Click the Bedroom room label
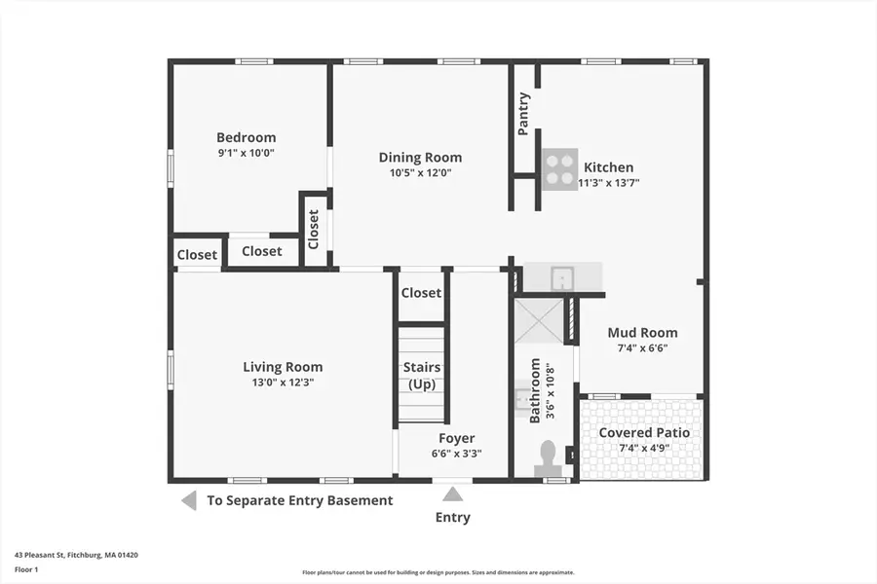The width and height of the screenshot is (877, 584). [246, 137]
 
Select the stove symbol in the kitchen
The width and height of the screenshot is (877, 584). [559, 166]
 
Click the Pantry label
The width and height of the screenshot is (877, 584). [524, 113]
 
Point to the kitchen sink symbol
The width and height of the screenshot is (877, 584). [562, 278]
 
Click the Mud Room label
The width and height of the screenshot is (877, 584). [642, 333]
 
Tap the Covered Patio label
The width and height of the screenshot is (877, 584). [643, 432]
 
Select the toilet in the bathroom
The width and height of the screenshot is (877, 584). [548, 455]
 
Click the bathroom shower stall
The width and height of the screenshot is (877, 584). [539, 320]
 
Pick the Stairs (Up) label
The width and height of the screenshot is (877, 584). [421, 376]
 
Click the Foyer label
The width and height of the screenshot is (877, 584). [457, 438]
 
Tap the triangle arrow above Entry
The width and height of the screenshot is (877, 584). [453, 494]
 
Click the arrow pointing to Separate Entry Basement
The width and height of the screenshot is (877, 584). [188, 500]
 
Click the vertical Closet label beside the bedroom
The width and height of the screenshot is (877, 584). [314, 230]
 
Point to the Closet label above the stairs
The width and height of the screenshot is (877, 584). [421, 292]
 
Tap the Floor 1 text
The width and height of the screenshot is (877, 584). [26, 569]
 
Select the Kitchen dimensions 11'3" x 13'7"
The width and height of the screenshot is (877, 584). [608, 182]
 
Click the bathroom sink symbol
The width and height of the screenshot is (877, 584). [522, 398]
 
